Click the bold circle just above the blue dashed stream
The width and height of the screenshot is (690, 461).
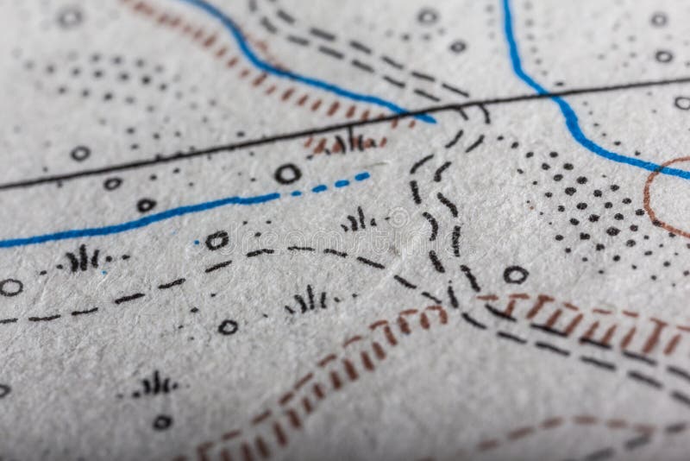[287, 174]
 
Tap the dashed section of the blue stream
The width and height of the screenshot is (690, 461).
[332, 184]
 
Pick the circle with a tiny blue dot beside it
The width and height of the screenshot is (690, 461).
[216, 240]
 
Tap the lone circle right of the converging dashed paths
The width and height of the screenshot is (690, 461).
[515, 275]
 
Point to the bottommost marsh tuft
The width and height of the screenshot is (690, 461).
[156, 384]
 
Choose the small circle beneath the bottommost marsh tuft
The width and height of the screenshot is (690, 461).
[161, 421]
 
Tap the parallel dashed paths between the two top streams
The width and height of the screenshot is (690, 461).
[371, 56]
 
